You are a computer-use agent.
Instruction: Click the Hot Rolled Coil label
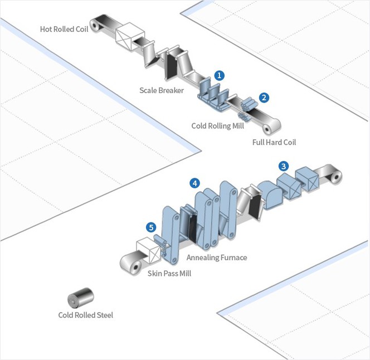(64, 29)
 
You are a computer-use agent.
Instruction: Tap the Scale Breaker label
(162, 90)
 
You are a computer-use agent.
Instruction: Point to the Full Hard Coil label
(274, 142)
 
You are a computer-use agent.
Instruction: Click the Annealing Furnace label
(216, 257)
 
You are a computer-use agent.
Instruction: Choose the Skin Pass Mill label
(169, 274)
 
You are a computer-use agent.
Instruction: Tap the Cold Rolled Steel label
(86, 315)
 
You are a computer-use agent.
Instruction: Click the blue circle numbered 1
(220, 74)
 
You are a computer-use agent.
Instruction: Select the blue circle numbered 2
(264, 97)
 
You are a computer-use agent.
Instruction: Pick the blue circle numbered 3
(284, 166)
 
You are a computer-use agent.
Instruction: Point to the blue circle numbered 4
(194, 183)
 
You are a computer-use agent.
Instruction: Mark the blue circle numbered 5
(151, 227)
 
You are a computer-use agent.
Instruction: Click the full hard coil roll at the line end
(270, 129)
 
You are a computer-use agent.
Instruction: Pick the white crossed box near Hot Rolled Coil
(127, 35)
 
